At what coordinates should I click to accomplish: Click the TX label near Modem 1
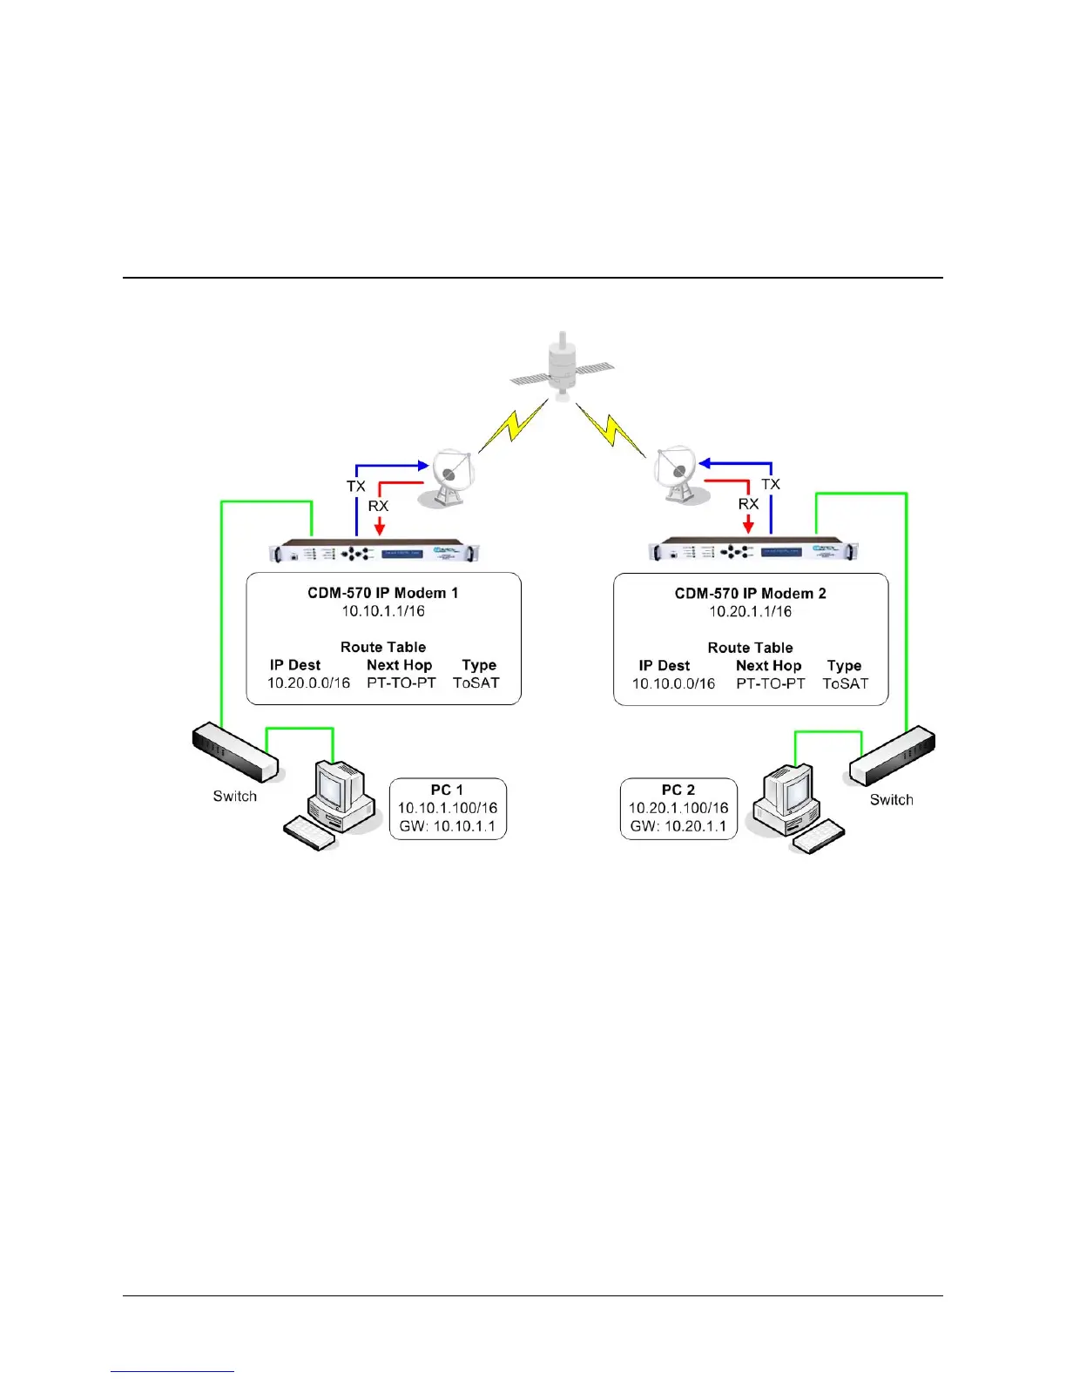click(356, 486)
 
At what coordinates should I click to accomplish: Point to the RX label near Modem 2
click(748, 504)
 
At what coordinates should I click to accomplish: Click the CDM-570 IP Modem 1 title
click(383, 593)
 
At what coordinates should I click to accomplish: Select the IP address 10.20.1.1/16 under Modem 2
click(750, 611)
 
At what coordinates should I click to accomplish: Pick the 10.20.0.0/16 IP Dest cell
click(308, 683)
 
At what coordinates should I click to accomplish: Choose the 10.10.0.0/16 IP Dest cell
click(673, 684)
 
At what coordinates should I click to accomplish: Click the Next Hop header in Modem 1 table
click(399, 665)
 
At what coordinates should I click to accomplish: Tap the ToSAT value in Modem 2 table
click(845, 684)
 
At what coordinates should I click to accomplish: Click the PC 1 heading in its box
click(447, 790)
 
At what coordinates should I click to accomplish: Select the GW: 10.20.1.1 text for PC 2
click(678, 826)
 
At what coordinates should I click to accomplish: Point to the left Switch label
click(235, 796)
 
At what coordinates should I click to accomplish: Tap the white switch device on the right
click(893, 757)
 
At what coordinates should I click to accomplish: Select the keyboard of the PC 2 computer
click(817, 837)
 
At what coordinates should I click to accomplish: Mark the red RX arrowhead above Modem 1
click(379, 528)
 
